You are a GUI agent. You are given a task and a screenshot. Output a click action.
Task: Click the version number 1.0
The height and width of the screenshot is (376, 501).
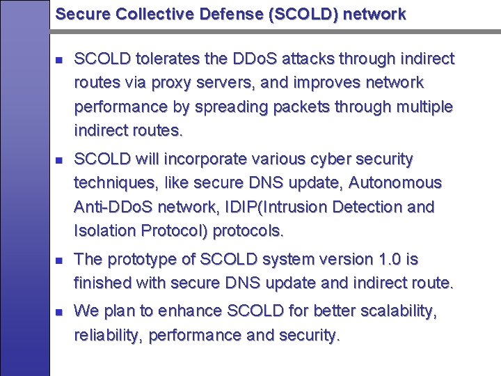click(x=385, y=260)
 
